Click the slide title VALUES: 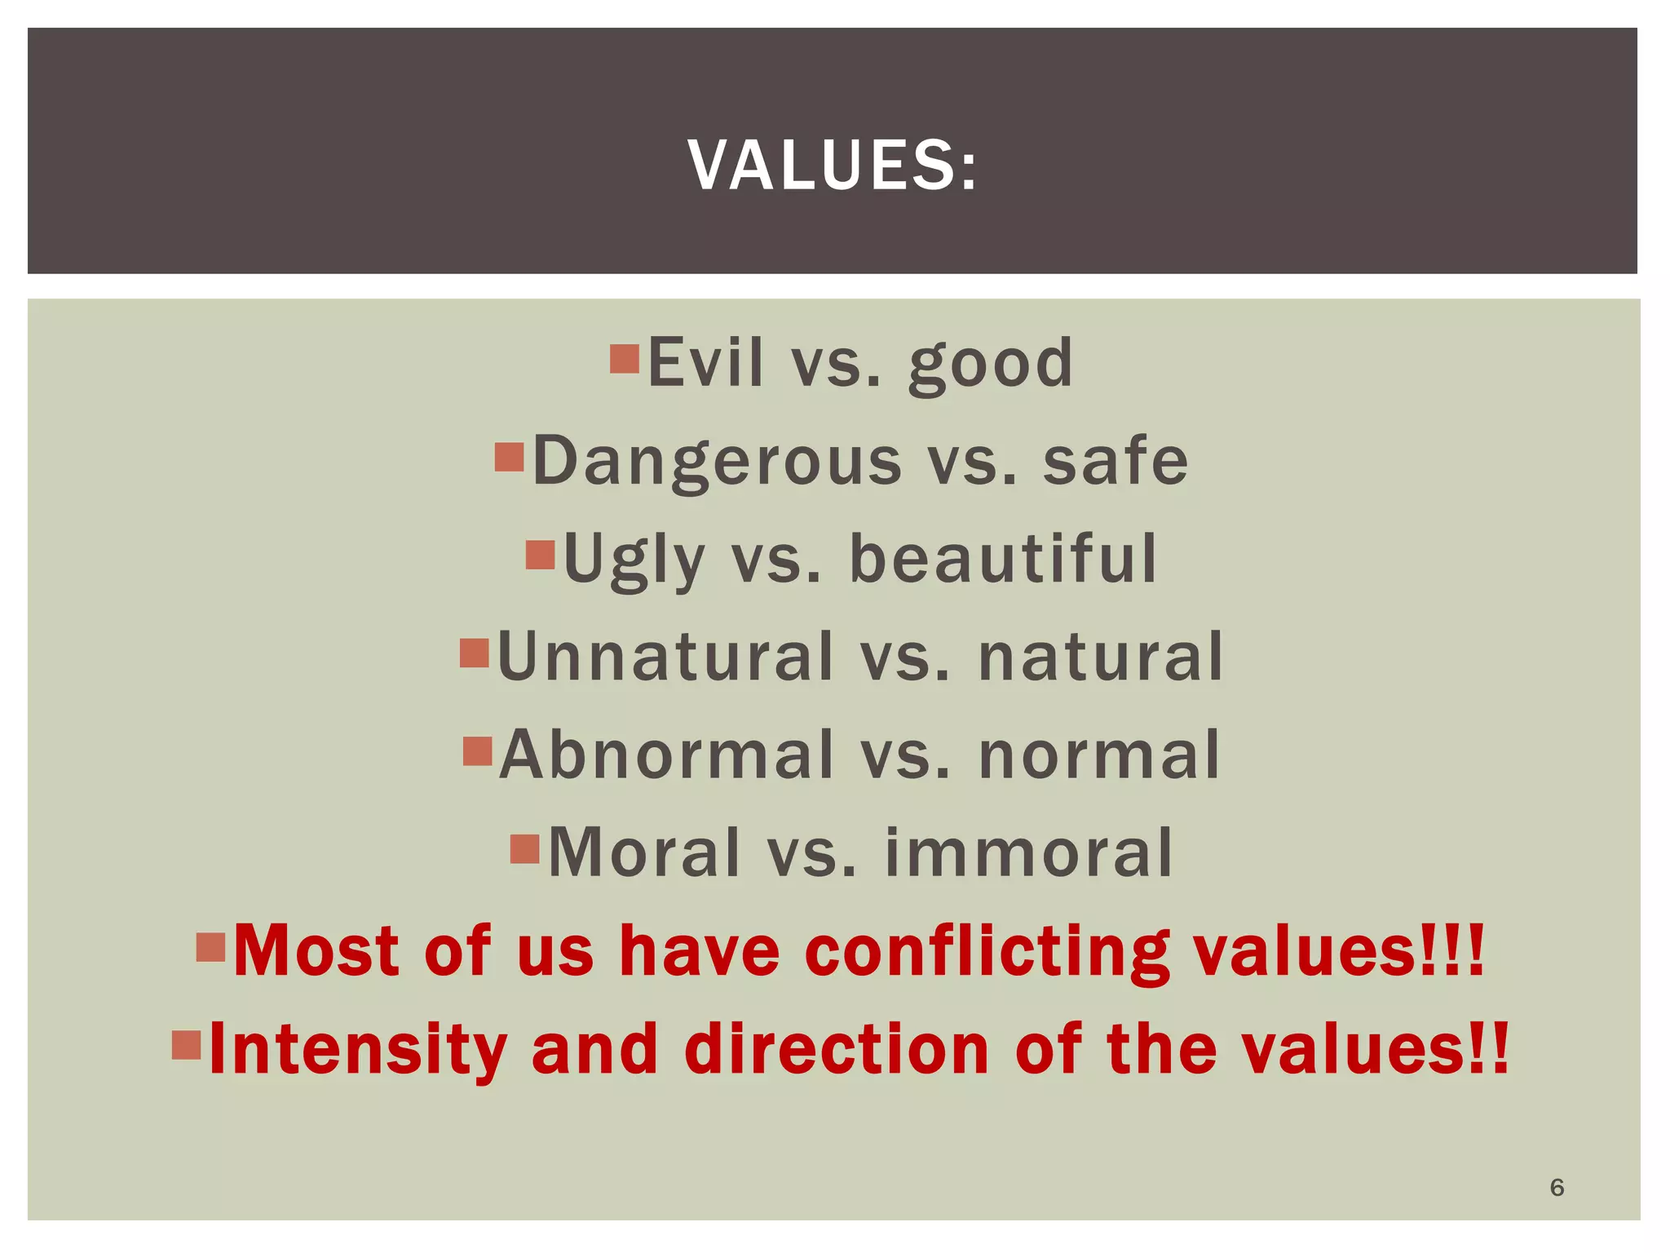pos(832,166)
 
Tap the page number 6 pos(1557,1187)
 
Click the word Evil pos(705,363)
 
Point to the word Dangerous pos(717,462)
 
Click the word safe pos(1116,462)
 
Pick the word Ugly pos(634,560)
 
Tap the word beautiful pos(1003,559)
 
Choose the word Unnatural pos(665,657)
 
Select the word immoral pos(1028,853)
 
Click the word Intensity pos(358,1051)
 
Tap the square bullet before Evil pos(625,359)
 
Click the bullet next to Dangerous pos(509,458)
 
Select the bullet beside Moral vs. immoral pos(525,848)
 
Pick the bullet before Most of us pos(210,947)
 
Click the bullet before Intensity pos(187,1045)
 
